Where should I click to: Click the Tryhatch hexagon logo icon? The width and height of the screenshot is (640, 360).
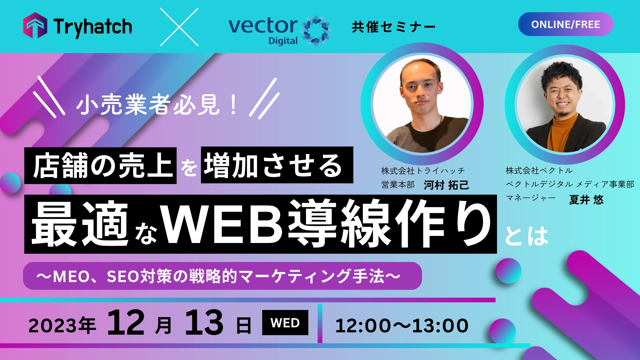tap(35, 25)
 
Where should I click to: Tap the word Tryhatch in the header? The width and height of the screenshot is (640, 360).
tap(93, 27)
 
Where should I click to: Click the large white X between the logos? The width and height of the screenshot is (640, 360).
tap(179, 27)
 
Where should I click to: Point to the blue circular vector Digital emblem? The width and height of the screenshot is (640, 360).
tap(315, 30)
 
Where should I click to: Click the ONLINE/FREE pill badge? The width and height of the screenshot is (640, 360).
tap(565, 24)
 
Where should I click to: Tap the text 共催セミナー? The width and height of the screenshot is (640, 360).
tap(394, 27)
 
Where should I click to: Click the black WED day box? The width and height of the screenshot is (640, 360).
tap(285, 323)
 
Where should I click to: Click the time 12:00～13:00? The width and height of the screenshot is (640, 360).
tap(402, 326)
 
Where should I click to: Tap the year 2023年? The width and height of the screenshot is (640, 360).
tap(62, 326)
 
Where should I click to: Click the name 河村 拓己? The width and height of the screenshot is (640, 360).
tap(446, 185)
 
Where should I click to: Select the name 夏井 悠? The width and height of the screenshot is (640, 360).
tap(586, 200)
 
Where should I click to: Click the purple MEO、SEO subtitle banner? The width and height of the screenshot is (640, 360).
tap(222, 276)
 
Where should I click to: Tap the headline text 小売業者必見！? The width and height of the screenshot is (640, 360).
tap(157, 105)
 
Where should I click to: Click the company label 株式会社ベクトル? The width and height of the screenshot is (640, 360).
tap(539, 171)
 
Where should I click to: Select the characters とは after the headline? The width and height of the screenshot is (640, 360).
tap(527, 236)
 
